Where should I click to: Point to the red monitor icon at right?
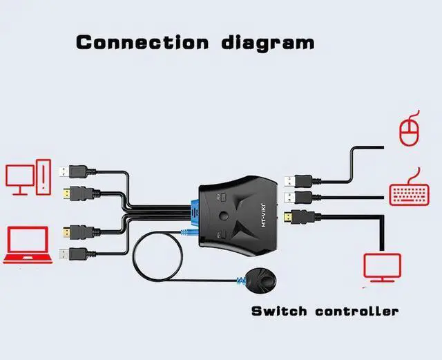pyautogui.click(x=382, y=269)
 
